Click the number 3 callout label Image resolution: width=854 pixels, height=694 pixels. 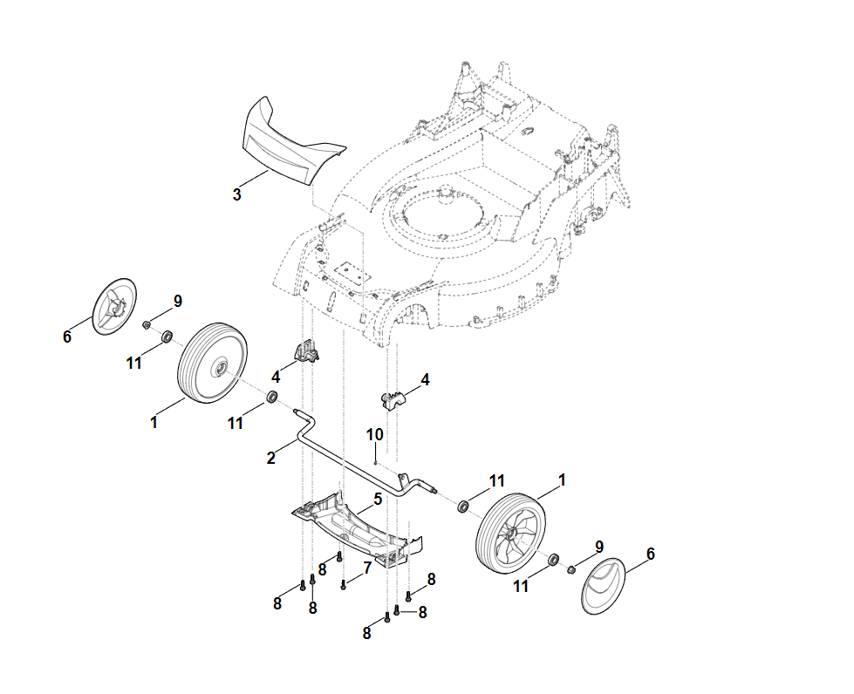click(x=237, y=194)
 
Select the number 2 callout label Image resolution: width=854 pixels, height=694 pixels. click(x=271, y=457)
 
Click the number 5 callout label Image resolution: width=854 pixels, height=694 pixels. click(x=378, y=499)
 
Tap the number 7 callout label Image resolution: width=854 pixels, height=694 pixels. click(x=367, y=567)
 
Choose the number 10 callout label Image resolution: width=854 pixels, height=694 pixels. click(x=374, y=433)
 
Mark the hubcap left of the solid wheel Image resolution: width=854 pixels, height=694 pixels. click(x=115, y=304)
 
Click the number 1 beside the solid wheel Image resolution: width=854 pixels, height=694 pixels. click(x=154, y=422)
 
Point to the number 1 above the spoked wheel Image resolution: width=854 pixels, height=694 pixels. click(x=562, y=480)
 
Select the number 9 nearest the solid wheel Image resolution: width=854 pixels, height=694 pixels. click(x=178, y=301)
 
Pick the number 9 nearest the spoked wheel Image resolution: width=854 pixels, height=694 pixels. click(x=599, y=547)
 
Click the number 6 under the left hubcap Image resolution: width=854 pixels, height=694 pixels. click(x=67, y=337)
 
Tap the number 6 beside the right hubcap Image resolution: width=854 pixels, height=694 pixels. click(x=650, y=554)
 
